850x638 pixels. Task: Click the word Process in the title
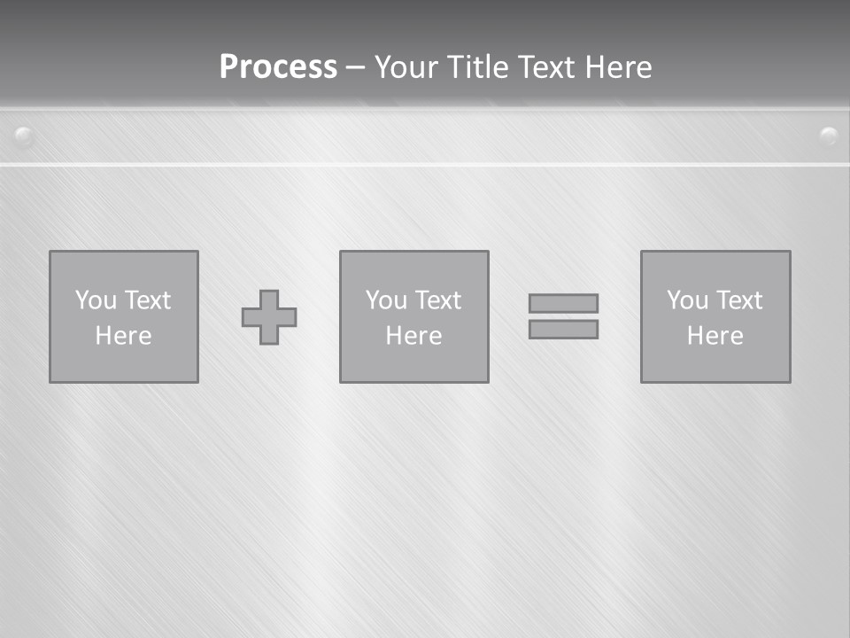(278, 67)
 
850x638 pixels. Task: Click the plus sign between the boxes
(269, 317)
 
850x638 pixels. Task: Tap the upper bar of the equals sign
(563, 303)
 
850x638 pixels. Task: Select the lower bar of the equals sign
(563, 329)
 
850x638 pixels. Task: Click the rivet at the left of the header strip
(24, 136)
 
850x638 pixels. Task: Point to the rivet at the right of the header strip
(829, 136)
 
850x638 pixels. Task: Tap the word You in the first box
(96, 300)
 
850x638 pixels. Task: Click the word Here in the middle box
(413, 336)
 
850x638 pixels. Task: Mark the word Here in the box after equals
(715, 336)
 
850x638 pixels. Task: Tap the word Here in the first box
(124, 336)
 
